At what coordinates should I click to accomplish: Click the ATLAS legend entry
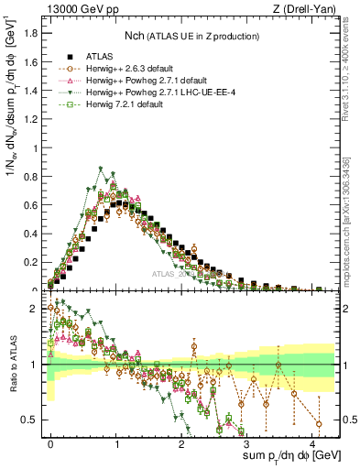pyautogui.click(x=97, y=55)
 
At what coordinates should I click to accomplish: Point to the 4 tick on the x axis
pyautogui.click(x=314, y=443)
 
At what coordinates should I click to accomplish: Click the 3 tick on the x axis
pyautogui.click(x=248, y=443)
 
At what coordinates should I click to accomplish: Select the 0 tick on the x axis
pyautogui.click(x=50, y=443)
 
